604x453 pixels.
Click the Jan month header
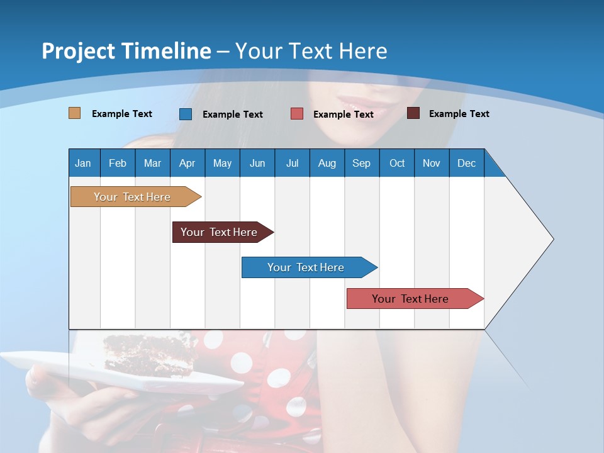click(x=84, y=163)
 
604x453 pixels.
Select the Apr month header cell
click(x=187, y=163)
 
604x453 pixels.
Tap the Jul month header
click(x=292, y=163)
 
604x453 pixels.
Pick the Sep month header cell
click(x=362, y=163)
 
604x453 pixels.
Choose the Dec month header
click(x=466, y=163)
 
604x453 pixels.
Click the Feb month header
click(x=118, y=163)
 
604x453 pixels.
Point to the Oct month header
click(x=397, y=163)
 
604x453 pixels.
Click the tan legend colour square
click(x=75, y=113)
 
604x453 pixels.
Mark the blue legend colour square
click(x=186, y=114)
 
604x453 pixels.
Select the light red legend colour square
click(x=297, y=114)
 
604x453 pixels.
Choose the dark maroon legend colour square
click(x=413, y=113)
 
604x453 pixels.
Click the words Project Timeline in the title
click(x=126, y=51)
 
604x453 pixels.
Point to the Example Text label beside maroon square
click(x=459, y=114)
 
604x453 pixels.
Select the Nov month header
click(x=432, y=163)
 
